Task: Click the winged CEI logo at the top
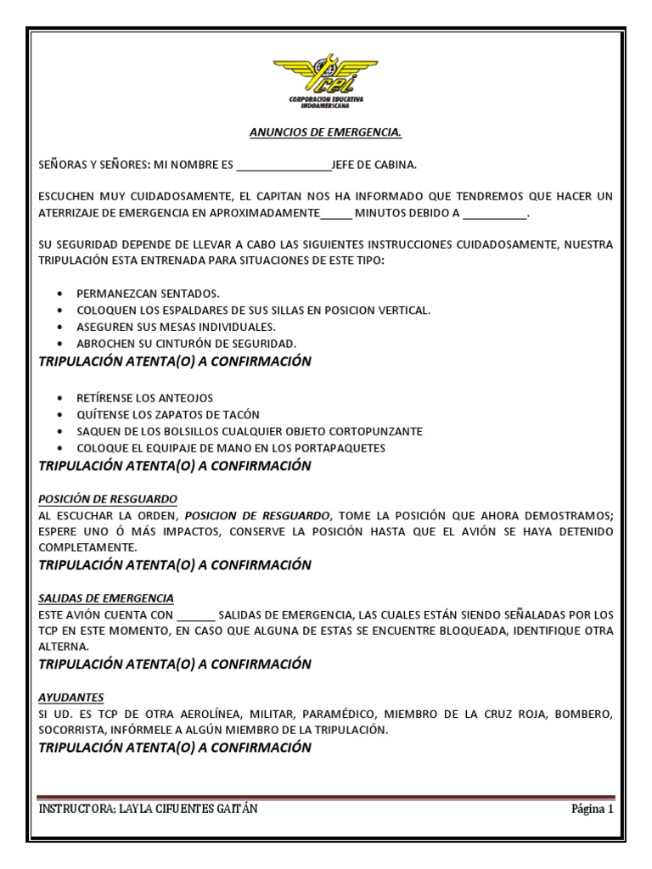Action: click(326, 77)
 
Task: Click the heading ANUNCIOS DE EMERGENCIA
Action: click(325, 133)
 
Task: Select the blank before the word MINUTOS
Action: click(336, 214)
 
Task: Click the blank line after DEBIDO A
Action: click(496, 214)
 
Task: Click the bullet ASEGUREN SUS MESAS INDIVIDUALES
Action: click(176, 327)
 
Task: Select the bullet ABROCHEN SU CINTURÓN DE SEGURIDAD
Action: click(186, 344)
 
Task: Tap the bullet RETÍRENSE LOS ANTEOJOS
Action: click(144, 397)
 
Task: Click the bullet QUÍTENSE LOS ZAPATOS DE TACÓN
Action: click(167, 414)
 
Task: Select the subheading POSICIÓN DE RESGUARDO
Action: click(108, 498)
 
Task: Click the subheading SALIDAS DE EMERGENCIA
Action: click(106, 597)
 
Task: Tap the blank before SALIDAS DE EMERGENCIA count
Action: click(196, 614)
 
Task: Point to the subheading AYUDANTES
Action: click(71, 697)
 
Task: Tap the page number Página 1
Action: click(592, 810)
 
